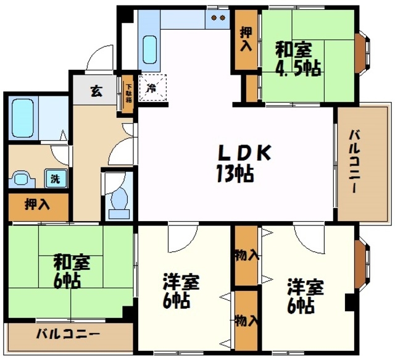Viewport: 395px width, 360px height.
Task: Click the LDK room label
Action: pyautogui.click(x=244, y=153)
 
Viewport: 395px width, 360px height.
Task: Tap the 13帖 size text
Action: pyautogui.click(x=235, y=174)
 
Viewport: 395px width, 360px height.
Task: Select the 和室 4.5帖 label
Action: pyautogui.click(x=297, y=59)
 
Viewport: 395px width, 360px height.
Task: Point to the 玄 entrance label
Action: pyautogui.click(x=96, y=91)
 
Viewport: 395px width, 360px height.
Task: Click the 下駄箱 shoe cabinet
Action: pyautogui.click(x=128, y=93)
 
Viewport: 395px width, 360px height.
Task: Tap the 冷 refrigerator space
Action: pyautogui.click(x=152, y=88)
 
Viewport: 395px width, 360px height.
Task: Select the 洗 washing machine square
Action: pyautogui.click(x=56, y=178)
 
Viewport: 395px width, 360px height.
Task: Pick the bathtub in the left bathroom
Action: pyautogui.click(x=23, y=118)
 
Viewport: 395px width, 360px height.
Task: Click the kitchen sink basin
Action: pyautogui.click(x=149, y=49)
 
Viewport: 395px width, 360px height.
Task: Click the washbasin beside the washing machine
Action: pyautogui.click(x=22, y=179)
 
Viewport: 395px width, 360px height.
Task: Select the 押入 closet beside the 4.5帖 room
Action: pyautogui.click(x=246, y=39)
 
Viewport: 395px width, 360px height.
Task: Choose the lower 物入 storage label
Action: pyautogui.click(x=246, y=321)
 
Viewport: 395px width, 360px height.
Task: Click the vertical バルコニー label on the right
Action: pyautogui.click(x=354, y=162)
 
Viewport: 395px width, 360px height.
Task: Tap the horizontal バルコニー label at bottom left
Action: pyautogui.click(x=68, y=335)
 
